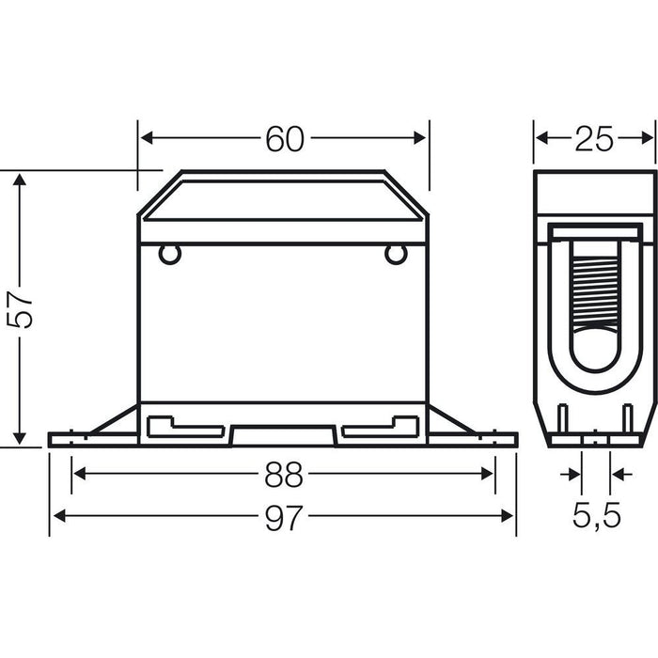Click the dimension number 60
(x=284, y=139)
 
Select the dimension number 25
(x=594, y=139)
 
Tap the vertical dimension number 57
(x=23, y=308)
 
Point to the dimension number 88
(x=283, y=475)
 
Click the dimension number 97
(x=283, y=517)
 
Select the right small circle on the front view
(x=396, y=253)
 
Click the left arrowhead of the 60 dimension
(x=147, y=138)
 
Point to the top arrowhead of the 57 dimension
(x=18, y=179)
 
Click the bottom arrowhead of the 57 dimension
(x=18, y=439)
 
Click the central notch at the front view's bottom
(x=283, y=435)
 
